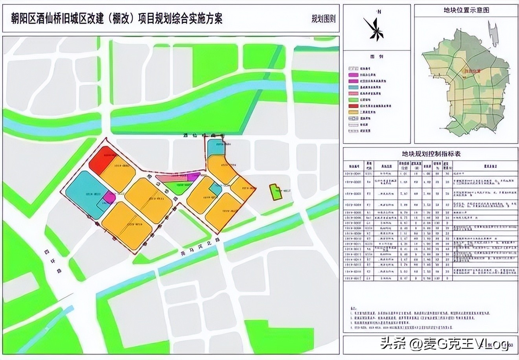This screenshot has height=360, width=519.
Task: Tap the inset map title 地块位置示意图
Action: click(466, 10)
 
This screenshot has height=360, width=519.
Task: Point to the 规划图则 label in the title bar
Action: click(323, 19)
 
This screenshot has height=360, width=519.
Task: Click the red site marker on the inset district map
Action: click(465, 77)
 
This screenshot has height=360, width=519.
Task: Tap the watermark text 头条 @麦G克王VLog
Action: click(444, 344)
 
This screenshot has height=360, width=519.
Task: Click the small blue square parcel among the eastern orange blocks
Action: click(215, 189)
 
